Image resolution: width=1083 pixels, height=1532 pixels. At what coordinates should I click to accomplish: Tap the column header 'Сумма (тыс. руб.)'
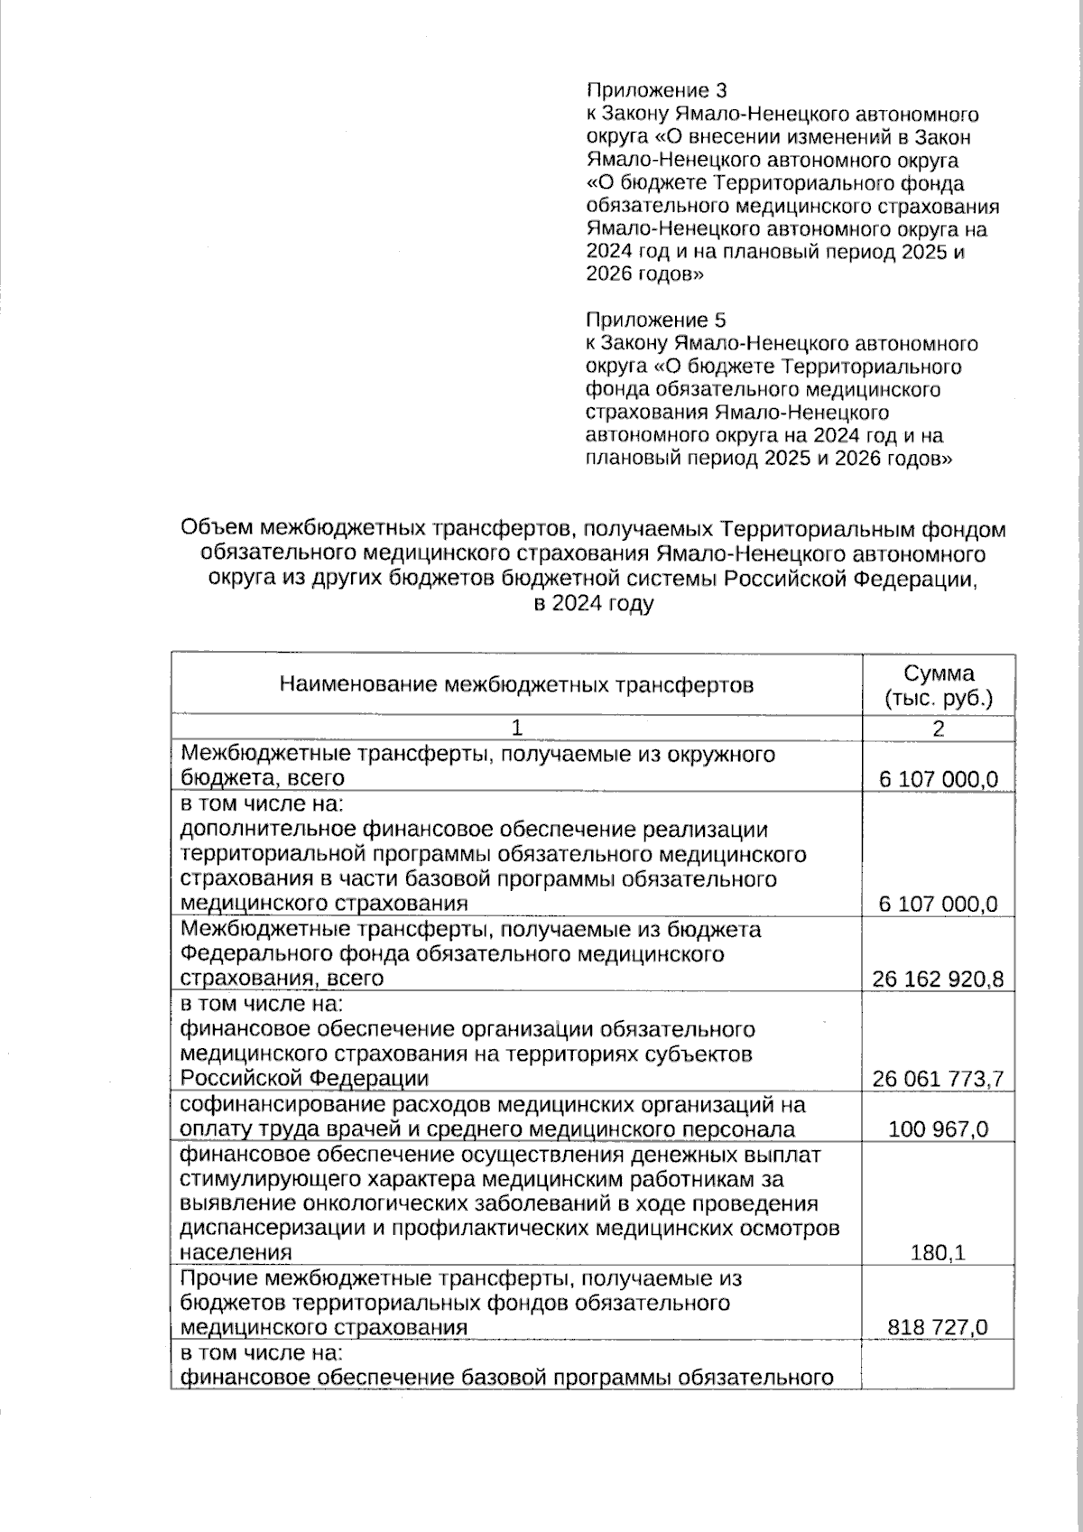pos(939,685)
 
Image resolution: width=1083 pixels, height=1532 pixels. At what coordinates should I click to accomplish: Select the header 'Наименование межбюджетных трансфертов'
pos(516,685)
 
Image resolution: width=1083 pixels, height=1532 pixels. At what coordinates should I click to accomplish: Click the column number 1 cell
pos(516,729)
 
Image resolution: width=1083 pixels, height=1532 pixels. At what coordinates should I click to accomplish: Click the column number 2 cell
pos(939,729)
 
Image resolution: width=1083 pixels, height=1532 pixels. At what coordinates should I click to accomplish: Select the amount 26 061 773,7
pos(939,1079)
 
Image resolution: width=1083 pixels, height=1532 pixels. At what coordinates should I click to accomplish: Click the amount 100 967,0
pos(939,1129)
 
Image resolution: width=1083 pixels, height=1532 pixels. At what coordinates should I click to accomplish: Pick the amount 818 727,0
pos(939,1327)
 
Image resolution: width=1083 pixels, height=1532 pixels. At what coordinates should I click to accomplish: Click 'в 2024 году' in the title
pos(593,604)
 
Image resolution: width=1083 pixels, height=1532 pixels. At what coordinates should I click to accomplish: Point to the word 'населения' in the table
pos(236,1253)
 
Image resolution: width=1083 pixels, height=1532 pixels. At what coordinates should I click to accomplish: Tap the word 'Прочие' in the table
pos(219,1278)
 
